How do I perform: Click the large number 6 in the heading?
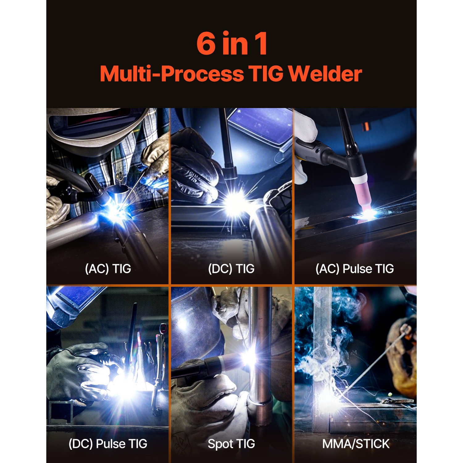tap(206, 44)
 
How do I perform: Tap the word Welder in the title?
tap(325, 74)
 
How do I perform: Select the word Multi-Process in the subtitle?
tap(172, 74)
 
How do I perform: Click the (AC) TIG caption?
tap(108, 269)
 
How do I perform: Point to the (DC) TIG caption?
tap(231, 269)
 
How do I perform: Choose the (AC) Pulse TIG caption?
tap(355, 269)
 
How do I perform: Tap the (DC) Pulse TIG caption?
tap(108, 444)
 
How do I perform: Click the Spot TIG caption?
tap(231, 444)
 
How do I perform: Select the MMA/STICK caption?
tap(356, 444)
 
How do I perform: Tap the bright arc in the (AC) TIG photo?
tap(116, 211)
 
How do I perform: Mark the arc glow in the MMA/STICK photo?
tap(327, 398)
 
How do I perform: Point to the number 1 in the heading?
tap(261, 44)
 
